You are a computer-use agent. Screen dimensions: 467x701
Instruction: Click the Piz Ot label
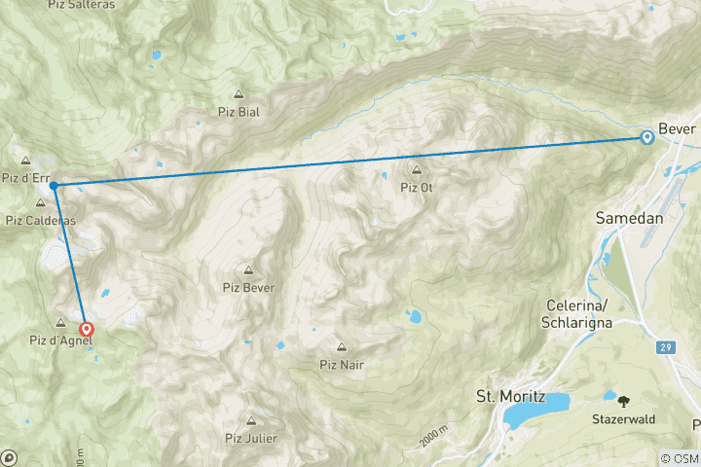tap(416, 188)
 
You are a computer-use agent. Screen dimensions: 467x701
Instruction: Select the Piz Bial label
tap(240, 112)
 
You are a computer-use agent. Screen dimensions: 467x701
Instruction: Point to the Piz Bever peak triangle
tap(248, 270)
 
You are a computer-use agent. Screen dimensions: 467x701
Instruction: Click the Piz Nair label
tap(341, 365)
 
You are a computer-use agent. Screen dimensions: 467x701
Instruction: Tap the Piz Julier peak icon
tap(251, 421)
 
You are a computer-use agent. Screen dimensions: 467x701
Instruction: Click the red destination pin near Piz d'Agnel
tap(87, 330)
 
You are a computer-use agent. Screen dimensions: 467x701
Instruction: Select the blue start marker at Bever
tap(646, 138)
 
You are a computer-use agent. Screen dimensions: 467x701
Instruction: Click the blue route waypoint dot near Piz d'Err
tap(54, 184)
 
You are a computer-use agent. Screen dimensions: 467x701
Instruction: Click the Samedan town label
tap(629, 219)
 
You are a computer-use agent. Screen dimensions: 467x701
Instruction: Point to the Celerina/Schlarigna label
tap(583, 313)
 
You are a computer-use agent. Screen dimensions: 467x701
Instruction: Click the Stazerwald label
tap(623, 419)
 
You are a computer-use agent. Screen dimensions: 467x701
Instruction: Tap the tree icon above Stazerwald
tap(623, 400)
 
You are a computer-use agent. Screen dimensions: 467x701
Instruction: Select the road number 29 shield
tap(664, 347)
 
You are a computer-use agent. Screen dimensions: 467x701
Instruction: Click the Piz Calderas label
tap(40, 221)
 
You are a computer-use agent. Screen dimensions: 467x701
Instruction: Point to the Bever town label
tap(678, 129)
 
